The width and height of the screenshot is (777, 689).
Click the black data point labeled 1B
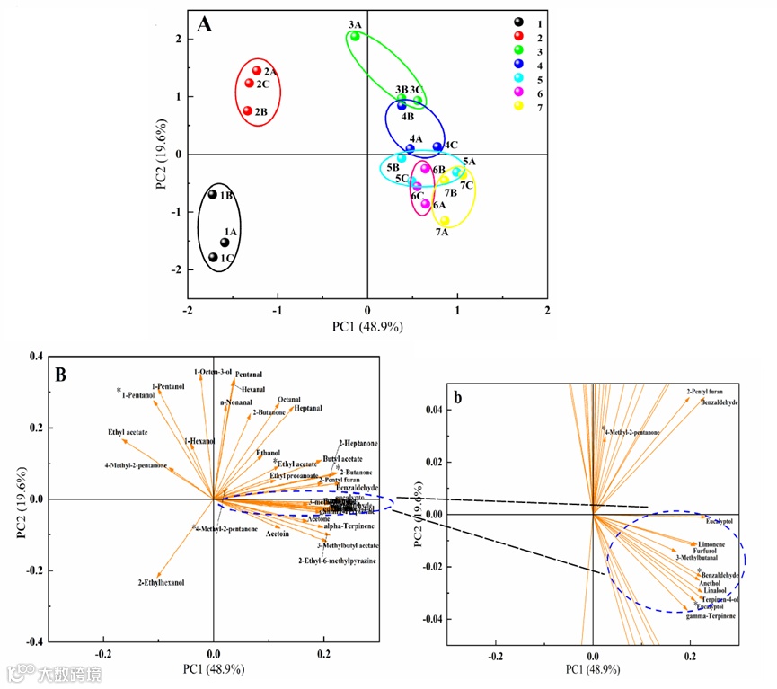213,194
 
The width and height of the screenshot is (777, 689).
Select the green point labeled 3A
355,36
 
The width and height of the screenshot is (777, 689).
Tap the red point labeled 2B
247,111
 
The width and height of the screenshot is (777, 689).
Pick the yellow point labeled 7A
445,220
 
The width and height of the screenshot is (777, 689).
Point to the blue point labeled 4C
437,146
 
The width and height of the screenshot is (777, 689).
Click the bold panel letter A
205,24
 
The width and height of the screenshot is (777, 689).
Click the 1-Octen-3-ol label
213,371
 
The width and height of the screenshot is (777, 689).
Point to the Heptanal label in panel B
308,408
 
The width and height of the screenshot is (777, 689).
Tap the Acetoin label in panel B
278,534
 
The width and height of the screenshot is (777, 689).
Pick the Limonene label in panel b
711,544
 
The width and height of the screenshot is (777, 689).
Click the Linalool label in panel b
716,590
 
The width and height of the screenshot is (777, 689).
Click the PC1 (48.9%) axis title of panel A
367,326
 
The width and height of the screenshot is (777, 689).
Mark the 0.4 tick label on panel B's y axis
38,357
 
